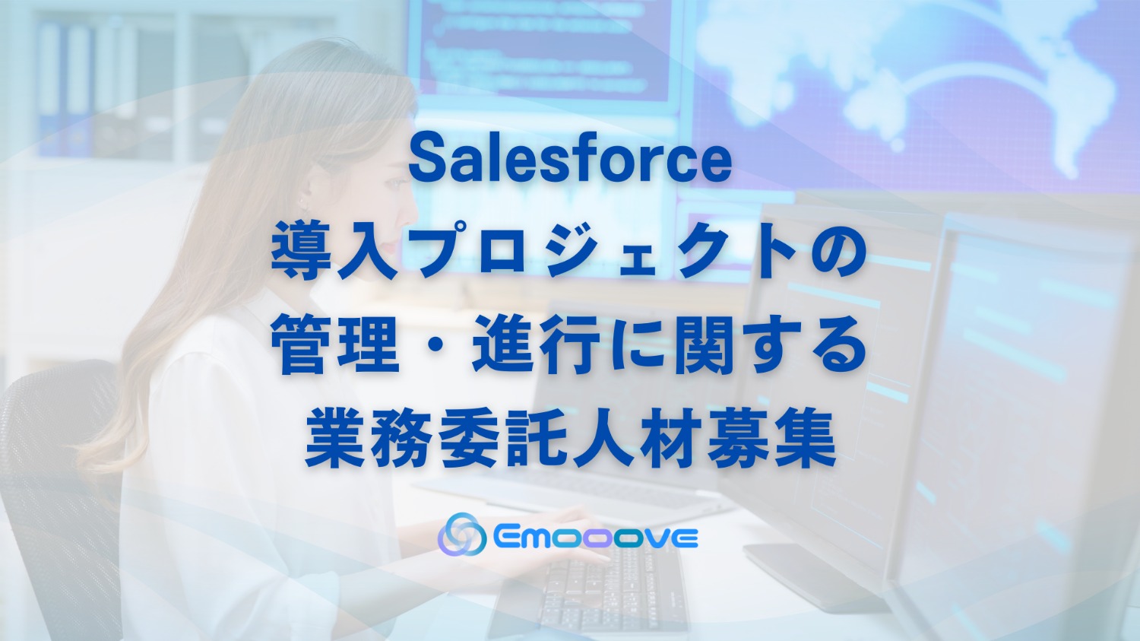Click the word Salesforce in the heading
click(x=570, y=160)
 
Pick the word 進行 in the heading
click(x=537, y=346)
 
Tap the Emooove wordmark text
click(x=595, y=537)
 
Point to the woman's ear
click(x=304, y=199)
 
